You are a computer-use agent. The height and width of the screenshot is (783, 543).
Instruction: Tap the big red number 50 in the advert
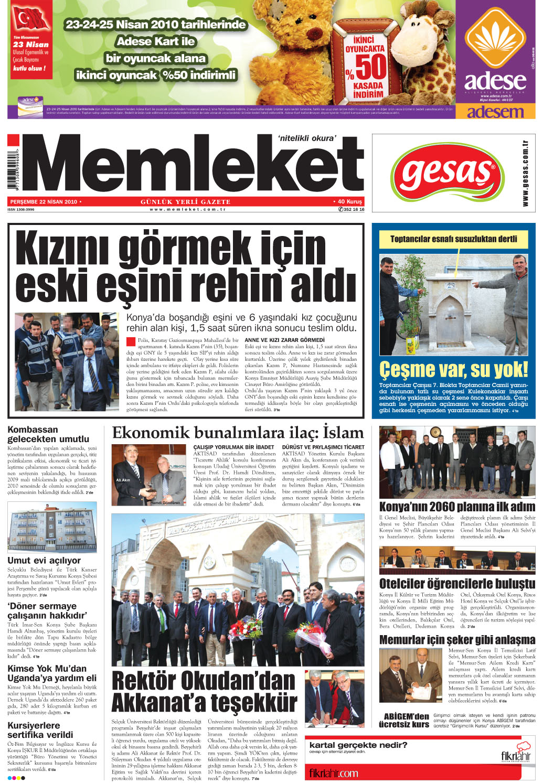(x=370, y=67)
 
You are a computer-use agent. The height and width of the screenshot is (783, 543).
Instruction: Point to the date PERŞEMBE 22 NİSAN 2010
(x=44, y=201)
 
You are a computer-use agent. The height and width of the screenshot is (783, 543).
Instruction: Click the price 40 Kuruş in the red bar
(x=349, y=201)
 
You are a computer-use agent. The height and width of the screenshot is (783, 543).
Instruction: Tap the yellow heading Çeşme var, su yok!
(x=453, y=370)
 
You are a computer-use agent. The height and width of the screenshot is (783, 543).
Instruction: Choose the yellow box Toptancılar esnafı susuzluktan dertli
(x=453, y=239)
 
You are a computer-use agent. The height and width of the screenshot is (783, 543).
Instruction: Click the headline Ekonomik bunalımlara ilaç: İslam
(x=238, y=433)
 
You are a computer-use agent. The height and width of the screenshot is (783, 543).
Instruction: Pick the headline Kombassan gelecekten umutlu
(x=48, y=434)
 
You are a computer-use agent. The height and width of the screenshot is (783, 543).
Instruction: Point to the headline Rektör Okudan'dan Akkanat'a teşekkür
(x=205, y=691)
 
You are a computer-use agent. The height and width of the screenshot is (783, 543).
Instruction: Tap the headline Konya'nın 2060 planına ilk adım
(x=457, y=507)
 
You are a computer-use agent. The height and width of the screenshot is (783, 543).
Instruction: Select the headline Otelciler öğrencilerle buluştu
(x=457, y=584)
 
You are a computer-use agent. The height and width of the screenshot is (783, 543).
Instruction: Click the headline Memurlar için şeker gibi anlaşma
(x=457, y=640)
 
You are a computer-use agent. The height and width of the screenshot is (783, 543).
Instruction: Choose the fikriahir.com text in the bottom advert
(x=333, y=773)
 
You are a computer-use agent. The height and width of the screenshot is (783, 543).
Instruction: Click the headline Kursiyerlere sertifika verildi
(x=40, y=730)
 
